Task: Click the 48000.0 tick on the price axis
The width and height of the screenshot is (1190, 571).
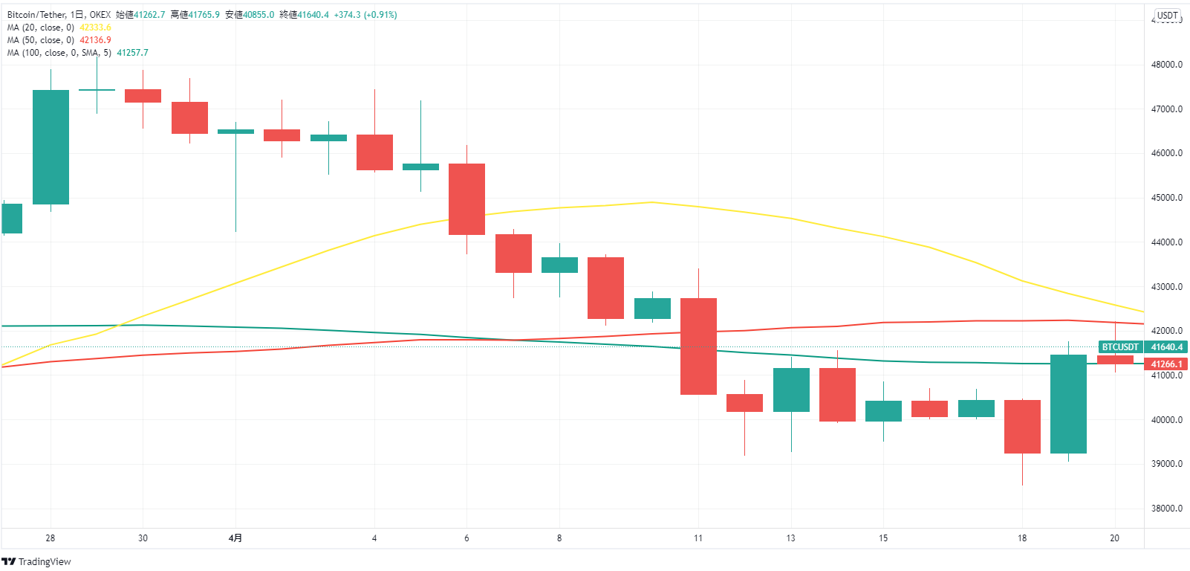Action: click(1166, 65)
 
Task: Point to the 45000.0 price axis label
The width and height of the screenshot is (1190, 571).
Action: click(1166, 198)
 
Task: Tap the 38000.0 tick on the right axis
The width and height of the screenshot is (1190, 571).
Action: click(1166, 509)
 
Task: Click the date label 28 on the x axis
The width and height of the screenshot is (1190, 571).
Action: click(51, 538)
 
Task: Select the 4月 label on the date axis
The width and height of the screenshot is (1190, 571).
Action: click(235, 538)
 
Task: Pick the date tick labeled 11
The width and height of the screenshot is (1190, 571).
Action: click(698, 538)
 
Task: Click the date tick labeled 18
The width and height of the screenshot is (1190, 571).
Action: click(1022, 538)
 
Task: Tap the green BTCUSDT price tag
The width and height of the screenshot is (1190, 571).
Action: click(1120, 347)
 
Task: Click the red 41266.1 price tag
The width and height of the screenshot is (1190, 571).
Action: click(1166, 364)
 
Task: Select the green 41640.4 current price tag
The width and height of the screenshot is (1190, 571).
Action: click(1166, 347)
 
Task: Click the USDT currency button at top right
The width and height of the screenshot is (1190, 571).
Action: click(1167, 16)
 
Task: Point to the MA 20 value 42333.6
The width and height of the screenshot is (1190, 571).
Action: click(95, 28)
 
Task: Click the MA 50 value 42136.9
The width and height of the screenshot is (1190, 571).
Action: click(95, 40)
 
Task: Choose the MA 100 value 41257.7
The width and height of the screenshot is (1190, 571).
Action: click(132, 53)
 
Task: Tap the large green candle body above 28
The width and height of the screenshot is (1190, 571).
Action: click(51, 147)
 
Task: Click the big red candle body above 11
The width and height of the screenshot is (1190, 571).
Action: click(698, 346)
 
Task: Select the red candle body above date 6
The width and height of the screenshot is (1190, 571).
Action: click(466, 199)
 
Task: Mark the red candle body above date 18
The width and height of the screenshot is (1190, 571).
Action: click(1022, 427)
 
